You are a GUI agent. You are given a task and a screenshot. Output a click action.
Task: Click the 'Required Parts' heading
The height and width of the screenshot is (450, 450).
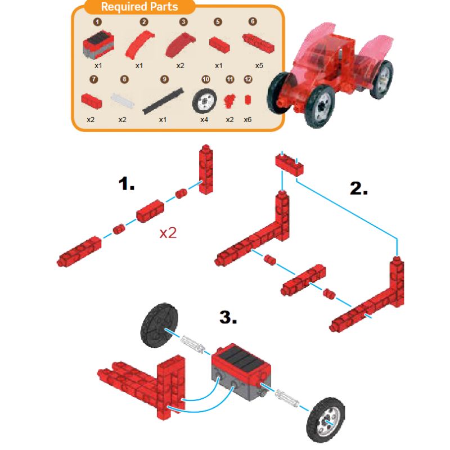(x=139, y=7)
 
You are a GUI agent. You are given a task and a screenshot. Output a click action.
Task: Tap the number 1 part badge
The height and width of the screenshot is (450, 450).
(x=97, y=22)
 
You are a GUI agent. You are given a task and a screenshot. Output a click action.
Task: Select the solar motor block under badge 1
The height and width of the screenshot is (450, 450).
(x=98, y=44)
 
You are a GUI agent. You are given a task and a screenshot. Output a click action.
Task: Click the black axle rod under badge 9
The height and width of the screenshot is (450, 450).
(x=163, y=101)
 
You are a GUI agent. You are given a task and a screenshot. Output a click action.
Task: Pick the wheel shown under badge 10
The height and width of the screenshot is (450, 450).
(x=204, y=101)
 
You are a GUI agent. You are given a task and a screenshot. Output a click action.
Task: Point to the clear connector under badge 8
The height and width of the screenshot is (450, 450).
(x=122, y=101)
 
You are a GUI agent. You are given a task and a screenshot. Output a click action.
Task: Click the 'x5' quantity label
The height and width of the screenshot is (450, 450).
(x=259, y=66)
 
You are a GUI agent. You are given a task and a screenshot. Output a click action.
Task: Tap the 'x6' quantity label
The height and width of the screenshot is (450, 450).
(x=247, y=120)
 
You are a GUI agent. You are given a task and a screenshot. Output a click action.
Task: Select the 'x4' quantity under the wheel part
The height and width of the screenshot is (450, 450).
(x=204, y=120)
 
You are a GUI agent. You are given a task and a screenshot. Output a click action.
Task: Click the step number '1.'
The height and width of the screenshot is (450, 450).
(x=126, y=183)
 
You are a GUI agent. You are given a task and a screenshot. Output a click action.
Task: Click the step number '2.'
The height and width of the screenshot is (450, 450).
(x=359, y=188)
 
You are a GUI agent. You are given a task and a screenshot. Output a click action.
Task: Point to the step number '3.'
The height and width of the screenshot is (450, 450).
(x=228, y=317)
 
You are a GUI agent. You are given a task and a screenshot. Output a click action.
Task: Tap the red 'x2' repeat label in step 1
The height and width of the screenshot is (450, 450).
(x=168, y=233)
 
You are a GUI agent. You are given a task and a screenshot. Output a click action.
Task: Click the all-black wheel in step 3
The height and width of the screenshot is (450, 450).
(x=159, y=326)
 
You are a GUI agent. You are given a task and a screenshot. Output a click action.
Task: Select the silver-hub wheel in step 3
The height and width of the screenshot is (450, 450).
(x=326, y=420)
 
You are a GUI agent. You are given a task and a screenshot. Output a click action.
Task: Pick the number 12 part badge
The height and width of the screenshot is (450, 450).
(x=248, y=79)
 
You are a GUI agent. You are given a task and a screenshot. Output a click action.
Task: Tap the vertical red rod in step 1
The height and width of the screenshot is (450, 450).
(x=206, y=169)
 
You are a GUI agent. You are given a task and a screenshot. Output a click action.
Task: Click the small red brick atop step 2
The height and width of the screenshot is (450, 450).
(x=289, y=164)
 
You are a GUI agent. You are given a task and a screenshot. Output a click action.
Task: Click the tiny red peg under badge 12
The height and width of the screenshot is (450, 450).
(x=247, y=100)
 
